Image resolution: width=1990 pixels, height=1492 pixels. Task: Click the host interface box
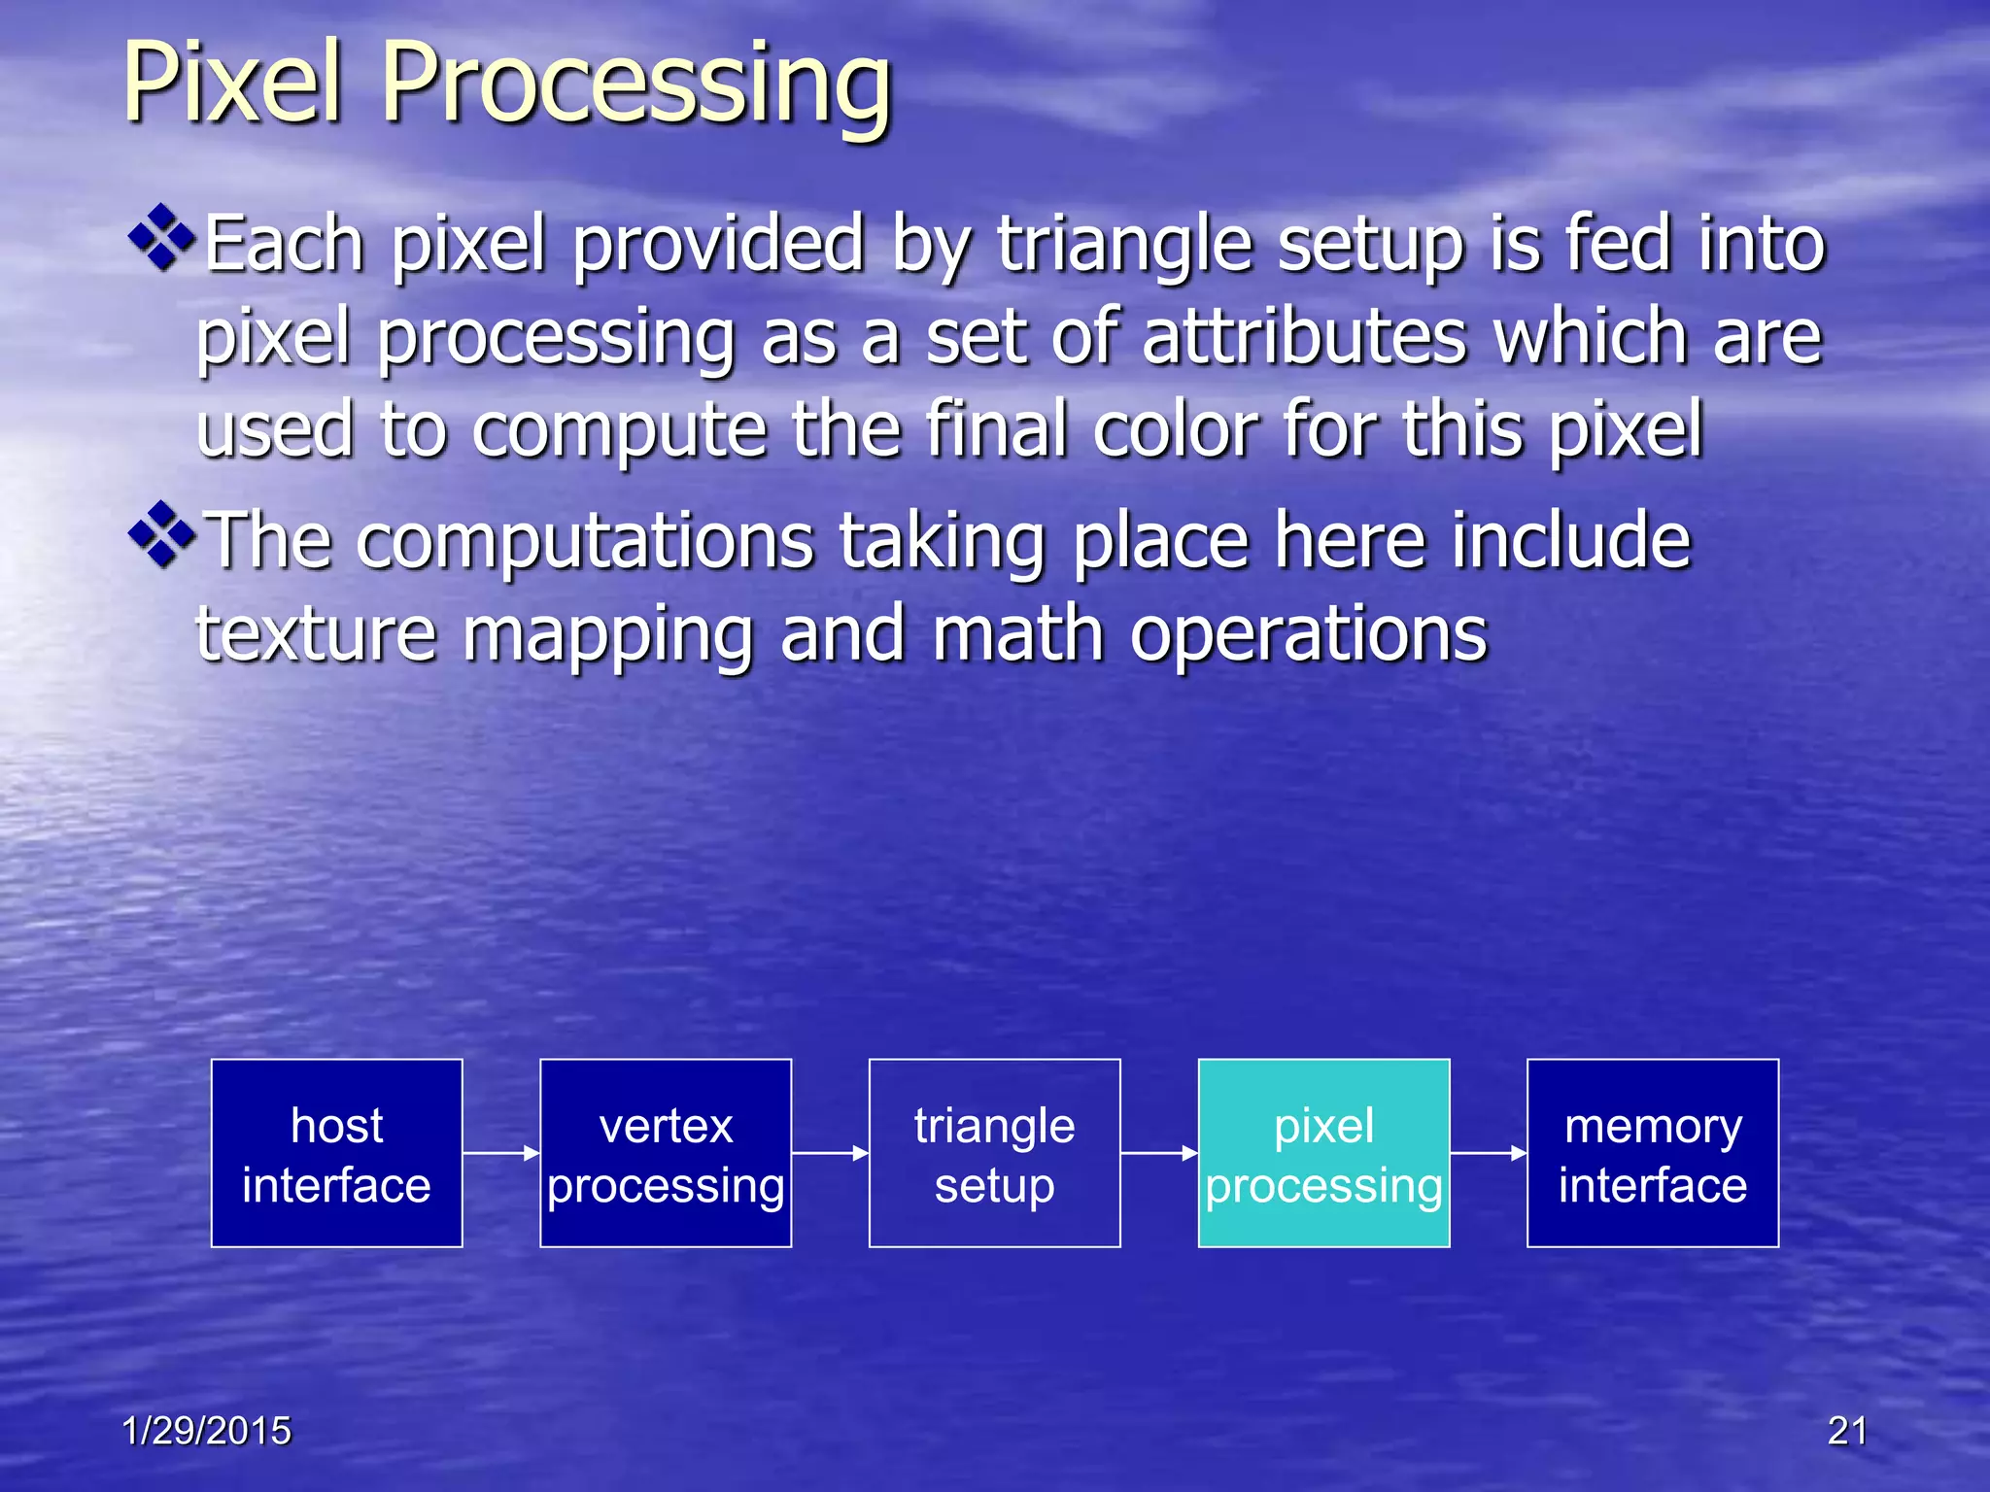(336, 1153)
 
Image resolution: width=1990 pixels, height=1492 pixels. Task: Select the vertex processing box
(666, 1153)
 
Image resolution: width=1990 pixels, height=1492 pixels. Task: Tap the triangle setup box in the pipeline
(994, 1153)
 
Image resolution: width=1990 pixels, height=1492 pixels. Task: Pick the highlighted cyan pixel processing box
(1323, 1153)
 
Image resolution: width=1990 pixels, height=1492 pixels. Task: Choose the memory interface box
(1653, 1153)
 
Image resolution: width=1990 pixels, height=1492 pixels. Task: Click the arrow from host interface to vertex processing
(501, 1153)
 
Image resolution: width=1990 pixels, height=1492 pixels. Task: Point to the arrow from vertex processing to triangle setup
(830, 1153)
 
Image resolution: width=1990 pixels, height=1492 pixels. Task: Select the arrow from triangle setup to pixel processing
(1159, 1153)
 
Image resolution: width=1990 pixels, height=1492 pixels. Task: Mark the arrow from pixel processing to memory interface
(1489, 1153)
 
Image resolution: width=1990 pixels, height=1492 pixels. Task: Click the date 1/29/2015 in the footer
(206, 1431)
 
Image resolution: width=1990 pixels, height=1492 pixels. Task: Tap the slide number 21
(1847, 1431)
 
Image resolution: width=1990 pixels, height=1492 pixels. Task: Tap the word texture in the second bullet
(316, 634)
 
